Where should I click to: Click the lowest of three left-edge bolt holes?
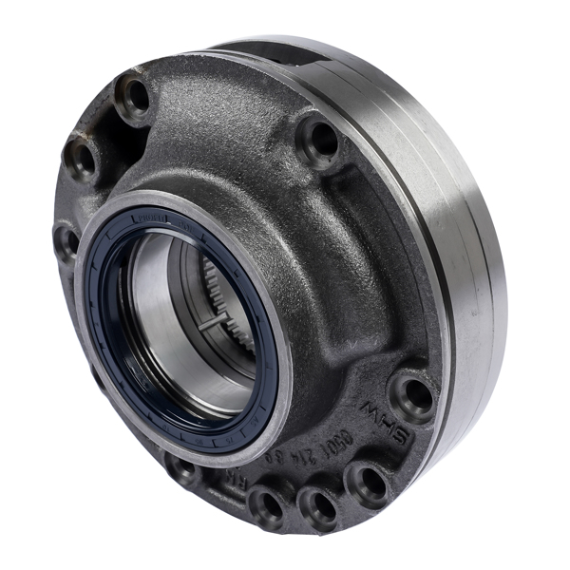click(x=66, y=239)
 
